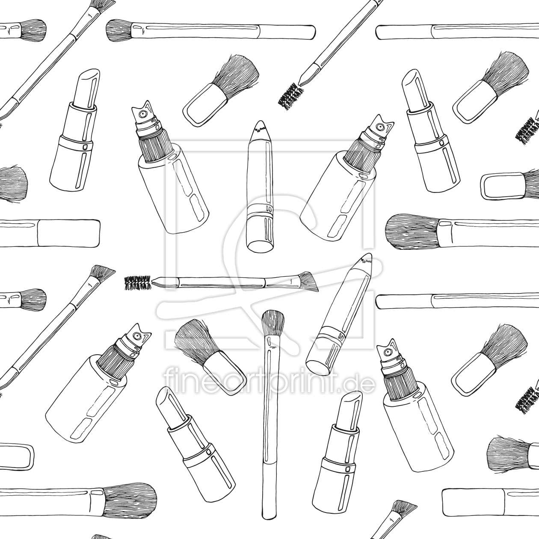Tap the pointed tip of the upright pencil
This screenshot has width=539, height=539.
(260, 121)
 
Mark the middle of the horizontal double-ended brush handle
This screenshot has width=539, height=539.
(221, 282)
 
